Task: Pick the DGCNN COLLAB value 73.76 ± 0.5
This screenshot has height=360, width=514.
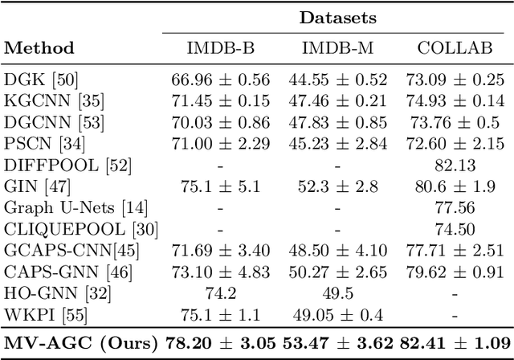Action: click(455, 124)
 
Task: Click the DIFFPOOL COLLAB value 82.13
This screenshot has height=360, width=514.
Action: click(455, 166)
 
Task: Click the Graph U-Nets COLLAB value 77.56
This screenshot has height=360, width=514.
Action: click(455, 207)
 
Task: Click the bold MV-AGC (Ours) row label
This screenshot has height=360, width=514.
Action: click(80, 344)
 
